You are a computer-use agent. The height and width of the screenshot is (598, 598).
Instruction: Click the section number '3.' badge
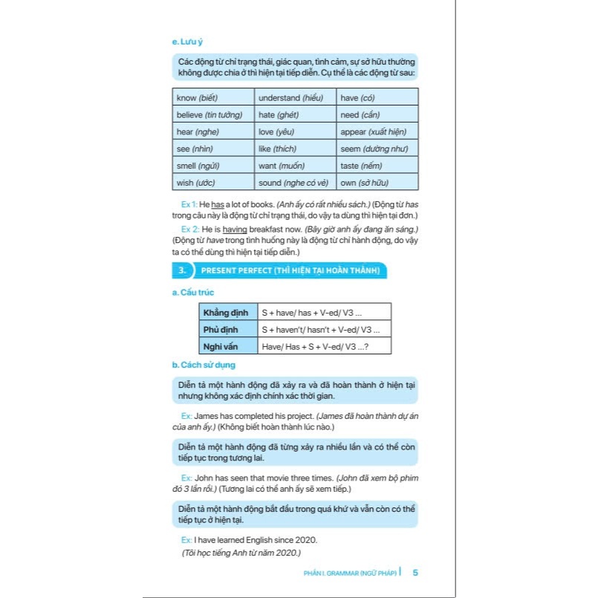(x=181, y=270)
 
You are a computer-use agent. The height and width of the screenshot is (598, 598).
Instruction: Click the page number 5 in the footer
(x=415, y=572)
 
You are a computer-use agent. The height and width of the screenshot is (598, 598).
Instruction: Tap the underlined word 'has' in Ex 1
(x=217, y=203)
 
